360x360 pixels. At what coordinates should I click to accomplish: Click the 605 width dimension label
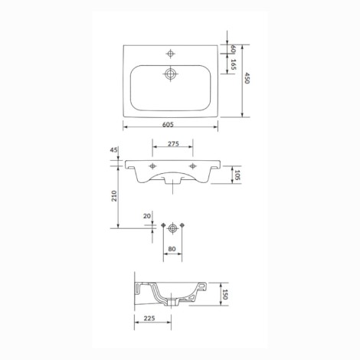point(168,124)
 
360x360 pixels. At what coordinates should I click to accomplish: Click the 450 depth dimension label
point(247,78)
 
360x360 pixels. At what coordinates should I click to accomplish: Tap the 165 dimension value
point(233,64)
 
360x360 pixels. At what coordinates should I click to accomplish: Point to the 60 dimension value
point(233,49)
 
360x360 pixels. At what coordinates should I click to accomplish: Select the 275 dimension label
point(173,144)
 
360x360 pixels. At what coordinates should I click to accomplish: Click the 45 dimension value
point(114,150)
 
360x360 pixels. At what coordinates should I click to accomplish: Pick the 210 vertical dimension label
point(114,196)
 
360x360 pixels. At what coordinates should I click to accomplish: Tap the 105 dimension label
point(237,175)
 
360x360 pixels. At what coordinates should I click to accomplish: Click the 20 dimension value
point(147,216)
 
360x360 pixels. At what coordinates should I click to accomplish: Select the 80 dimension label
point(172,249)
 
